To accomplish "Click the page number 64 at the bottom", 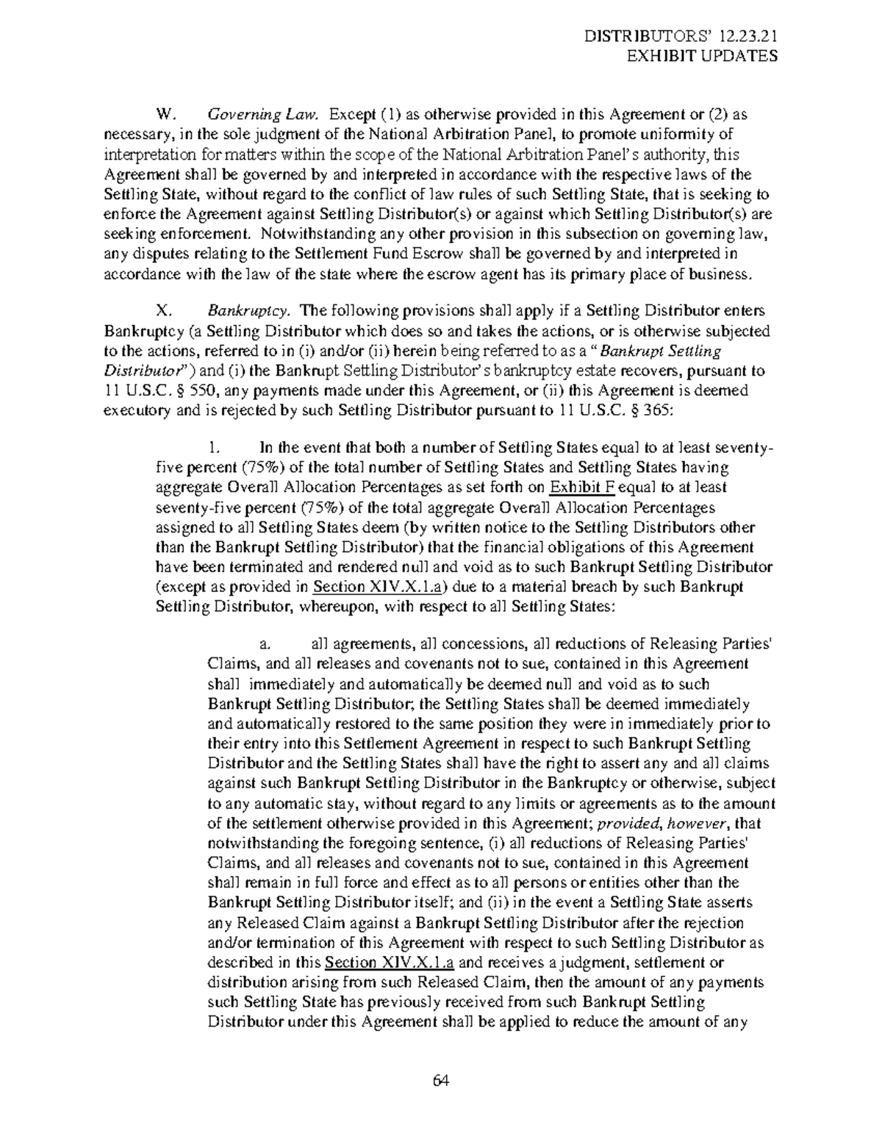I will pos(441,1080).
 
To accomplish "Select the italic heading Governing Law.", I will pos(264,115).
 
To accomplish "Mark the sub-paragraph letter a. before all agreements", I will pos(265,644).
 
